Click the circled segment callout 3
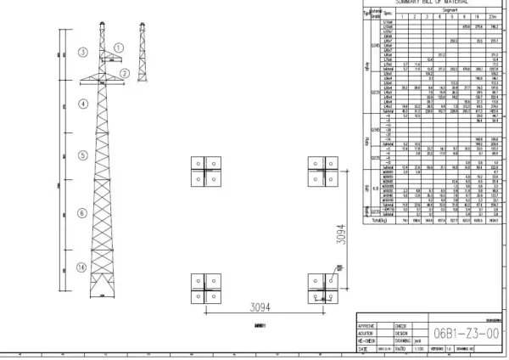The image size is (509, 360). [83, 52]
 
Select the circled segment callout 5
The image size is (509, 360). [83, 156]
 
